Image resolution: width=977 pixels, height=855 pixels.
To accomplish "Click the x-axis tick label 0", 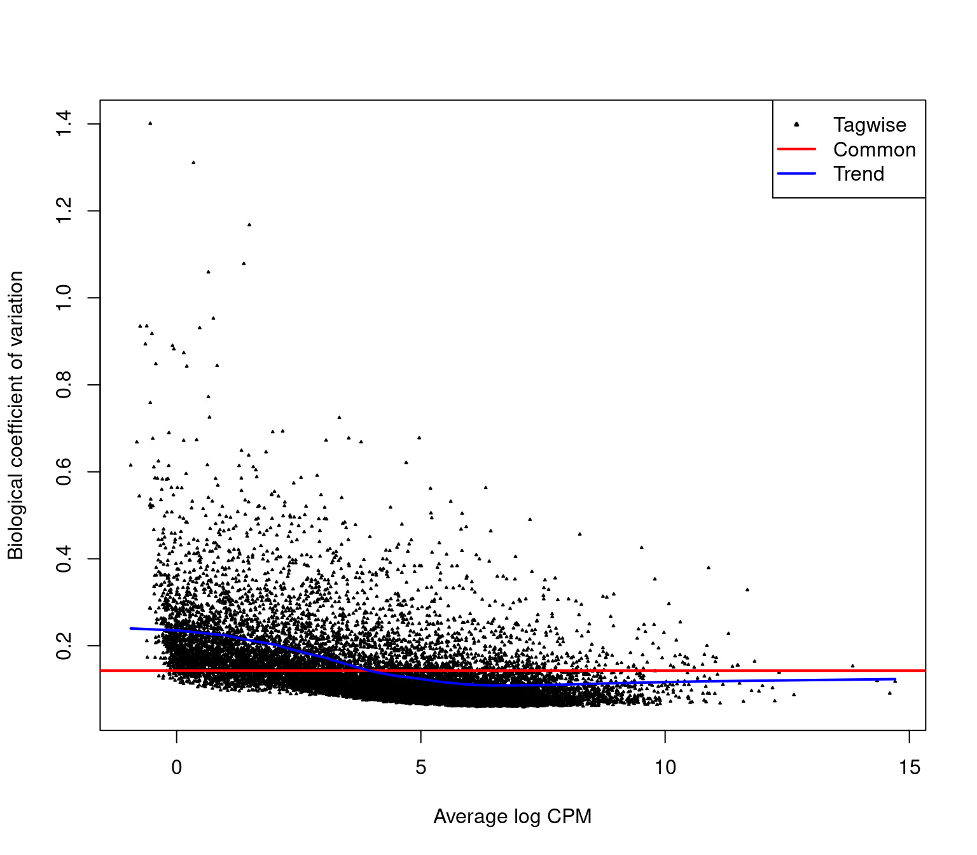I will [177, 768].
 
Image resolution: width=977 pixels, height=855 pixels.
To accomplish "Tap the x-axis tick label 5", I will [420, 768].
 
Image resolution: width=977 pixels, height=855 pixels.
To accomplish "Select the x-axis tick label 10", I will [665, 768].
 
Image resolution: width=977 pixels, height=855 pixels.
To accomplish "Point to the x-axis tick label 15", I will [909, 768].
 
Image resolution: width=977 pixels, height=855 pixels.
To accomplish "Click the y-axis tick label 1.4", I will [64, 123].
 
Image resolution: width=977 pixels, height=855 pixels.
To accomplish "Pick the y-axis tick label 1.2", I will [64, 211].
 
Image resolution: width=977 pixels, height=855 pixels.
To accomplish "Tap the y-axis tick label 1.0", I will [64, 298].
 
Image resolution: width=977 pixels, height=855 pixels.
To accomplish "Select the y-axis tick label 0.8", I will [64, 385].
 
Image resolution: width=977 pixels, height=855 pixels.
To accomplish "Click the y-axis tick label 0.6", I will [64, 472].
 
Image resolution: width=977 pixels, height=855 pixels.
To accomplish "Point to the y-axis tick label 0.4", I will [64, 559].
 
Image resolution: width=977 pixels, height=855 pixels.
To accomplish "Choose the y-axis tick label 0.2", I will [64, 646].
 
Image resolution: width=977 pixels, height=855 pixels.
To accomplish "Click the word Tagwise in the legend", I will [870, 125].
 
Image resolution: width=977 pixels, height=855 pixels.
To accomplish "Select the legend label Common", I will [875, 149].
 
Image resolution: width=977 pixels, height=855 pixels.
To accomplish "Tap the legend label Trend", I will [859, 174].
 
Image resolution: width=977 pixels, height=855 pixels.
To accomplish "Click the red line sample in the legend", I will [796, 149].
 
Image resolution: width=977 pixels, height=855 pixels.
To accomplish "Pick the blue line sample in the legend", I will [796, 173].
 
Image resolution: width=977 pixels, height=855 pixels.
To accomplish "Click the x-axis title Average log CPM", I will [512, 816].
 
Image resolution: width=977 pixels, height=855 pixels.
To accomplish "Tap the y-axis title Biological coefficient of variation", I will [16, 415].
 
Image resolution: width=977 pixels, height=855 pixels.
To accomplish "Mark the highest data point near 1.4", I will [150, 123].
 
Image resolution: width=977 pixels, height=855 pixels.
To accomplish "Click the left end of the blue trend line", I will [131, 629].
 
